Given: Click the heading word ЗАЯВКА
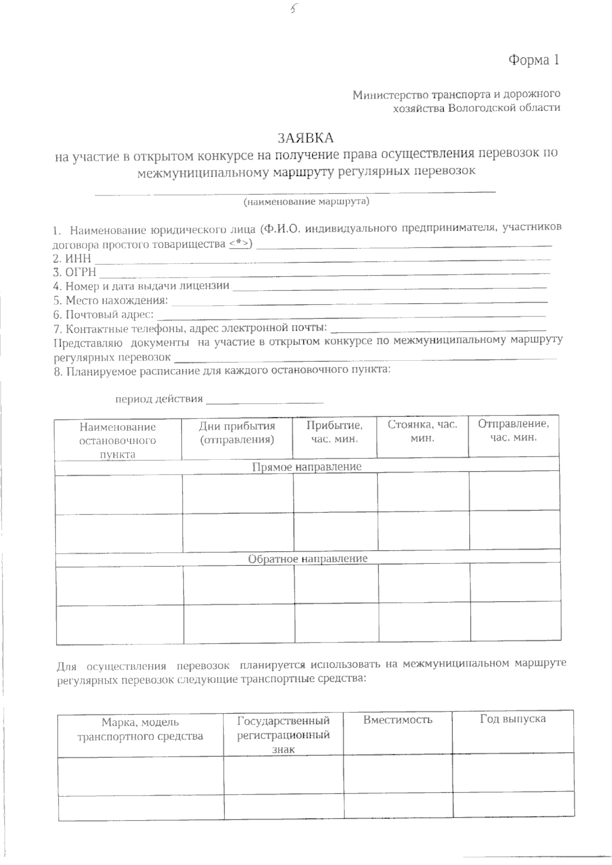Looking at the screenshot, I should pos(305,138).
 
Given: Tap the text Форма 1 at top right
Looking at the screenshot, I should pos(533,60).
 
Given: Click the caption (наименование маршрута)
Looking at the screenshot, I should pos(306,202).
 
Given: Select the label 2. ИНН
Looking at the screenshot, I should pos(72,258).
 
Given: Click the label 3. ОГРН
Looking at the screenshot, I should pos(74,272).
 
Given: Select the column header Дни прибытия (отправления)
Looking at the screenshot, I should pos(237,433).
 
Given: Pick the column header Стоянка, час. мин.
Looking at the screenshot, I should pos(422,431).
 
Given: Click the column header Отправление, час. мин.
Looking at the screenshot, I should pos(513,431).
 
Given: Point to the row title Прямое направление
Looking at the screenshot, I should pos(307,466).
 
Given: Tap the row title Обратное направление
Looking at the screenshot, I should pos(308,558).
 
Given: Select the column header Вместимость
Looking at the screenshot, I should pos(398,720).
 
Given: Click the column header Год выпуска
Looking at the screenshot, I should pos(513,719).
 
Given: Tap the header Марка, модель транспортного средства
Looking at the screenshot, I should pos(140,729).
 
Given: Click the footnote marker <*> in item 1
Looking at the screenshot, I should pos(239,244).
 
